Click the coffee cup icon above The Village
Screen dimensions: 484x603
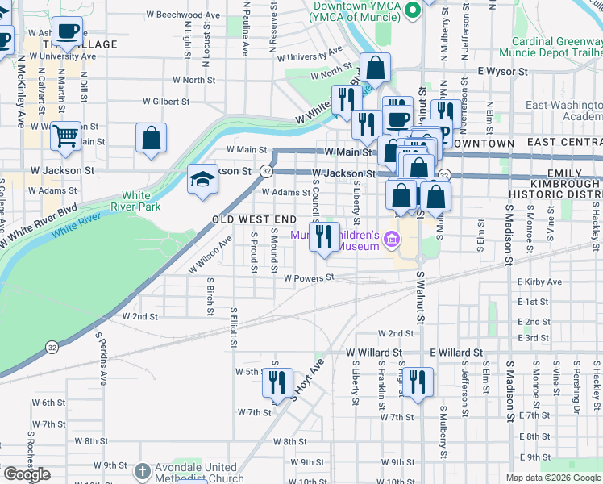coord(68,32)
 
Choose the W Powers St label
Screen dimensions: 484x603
coord(308,278)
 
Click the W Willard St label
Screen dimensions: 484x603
coord(374,353)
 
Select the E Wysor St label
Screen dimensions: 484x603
coord(501,72)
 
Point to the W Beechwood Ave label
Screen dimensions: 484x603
coord(184,15)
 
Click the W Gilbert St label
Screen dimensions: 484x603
coord(166,102)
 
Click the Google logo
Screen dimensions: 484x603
coord(26,474)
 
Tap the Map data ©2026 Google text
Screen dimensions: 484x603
coord(552,478)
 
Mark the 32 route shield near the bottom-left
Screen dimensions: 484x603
coord(52,347)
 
